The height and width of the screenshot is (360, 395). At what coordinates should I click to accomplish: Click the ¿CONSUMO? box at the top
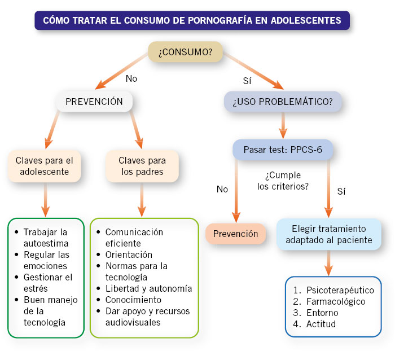tap(185, 52)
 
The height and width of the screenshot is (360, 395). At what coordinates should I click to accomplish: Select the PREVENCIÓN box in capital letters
tap(94, 102)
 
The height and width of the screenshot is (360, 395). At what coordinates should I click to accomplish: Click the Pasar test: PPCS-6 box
tap(282, 151)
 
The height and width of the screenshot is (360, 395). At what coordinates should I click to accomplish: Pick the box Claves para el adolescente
tap(44, 165)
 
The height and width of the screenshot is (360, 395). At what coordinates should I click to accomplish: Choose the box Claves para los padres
tap(142, 165)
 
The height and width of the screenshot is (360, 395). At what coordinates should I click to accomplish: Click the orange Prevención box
tap(235, 234)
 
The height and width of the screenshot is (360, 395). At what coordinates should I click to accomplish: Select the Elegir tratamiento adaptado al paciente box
tap(329, 234)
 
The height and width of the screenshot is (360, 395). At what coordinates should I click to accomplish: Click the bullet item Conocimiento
tap(133, 300)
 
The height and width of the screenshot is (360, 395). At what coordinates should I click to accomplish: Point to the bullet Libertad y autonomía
tap(148, 288)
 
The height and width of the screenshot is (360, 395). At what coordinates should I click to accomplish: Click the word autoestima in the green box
tap(46, 243)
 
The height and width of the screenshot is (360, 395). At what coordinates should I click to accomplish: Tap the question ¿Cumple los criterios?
tap(282, 181)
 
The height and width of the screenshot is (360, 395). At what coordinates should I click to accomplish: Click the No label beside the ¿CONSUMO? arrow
tap(131, 78)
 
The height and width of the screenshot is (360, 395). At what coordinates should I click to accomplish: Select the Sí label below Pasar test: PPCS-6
tap(341, 191)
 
